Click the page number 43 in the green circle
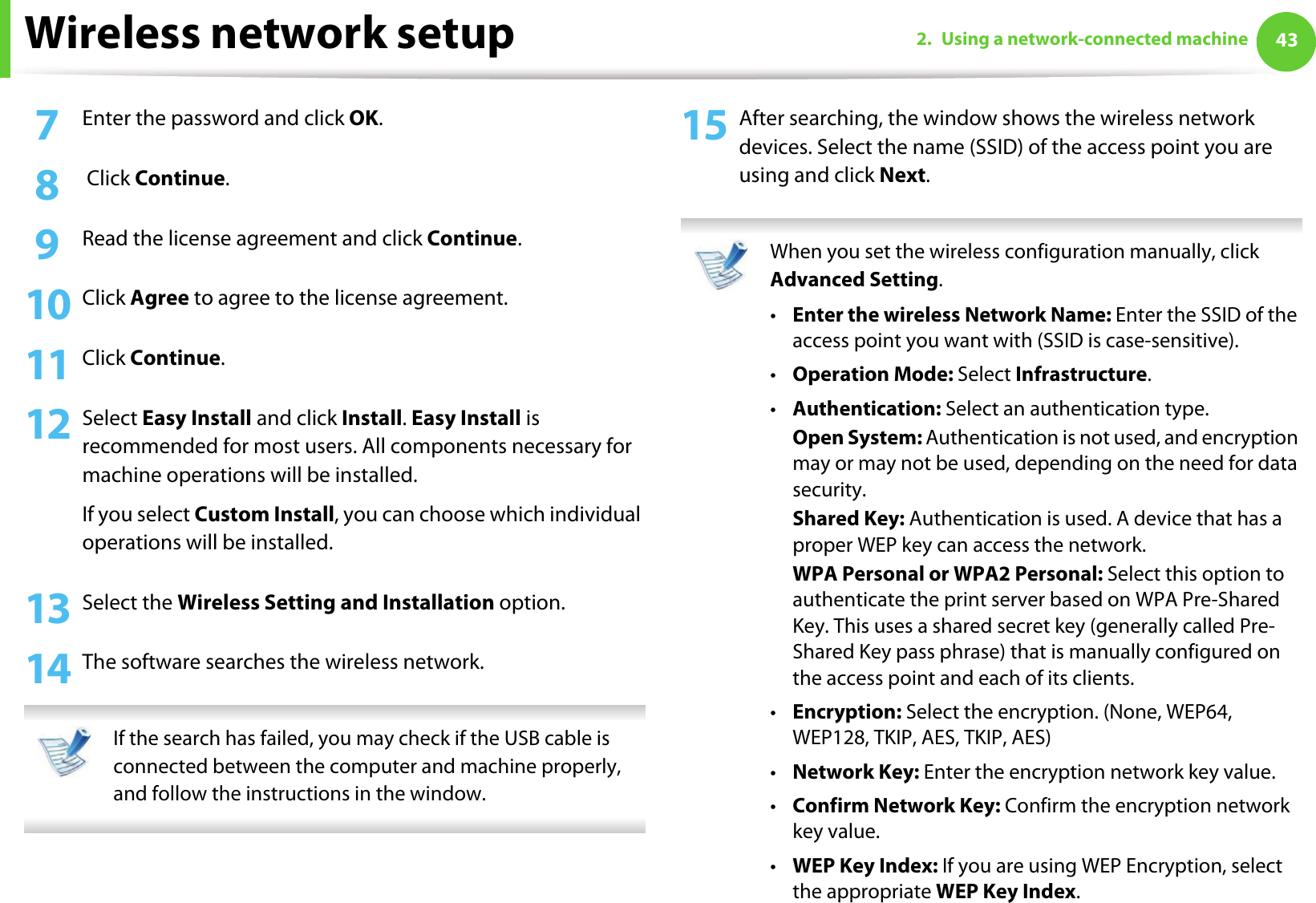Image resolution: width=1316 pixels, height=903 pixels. (x=1286, y=40)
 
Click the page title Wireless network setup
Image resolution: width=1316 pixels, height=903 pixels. (x=269, y=34)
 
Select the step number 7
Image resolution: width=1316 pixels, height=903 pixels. (x=47, y=125)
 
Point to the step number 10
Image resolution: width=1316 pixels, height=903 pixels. (x=49, y=305)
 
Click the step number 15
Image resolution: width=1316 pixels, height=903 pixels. (x=704, y=125)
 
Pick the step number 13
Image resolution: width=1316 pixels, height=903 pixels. (x=49, y=609)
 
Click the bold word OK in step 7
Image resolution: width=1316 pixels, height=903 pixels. (x=363, y=119)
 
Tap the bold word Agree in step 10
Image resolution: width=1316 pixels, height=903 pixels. (x=160, y=298)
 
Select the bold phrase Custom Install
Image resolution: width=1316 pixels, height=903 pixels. (x=264, y=514)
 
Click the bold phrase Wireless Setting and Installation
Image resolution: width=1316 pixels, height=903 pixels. (x=335, y=602)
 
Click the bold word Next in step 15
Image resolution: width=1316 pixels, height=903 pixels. (x=902, y=176)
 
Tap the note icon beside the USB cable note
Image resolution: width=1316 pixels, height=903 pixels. (x=65, y=751)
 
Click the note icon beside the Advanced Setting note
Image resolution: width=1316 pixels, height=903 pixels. (x=721, y=265)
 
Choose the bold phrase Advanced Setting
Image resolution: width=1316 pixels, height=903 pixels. (x=854, y=280)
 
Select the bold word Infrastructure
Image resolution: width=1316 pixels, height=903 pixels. (x=1081, y=375)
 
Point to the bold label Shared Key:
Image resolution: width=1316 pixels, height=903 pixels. (x=848, y=519)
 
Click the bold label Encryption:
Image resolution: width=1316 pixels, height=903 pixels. (x=847, y=712)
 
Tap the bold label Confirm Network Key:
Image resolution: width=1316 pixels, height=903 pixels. (x=896, y=806)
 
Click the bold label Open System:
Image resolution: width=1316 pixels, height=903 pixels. (x=857, y=438)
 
